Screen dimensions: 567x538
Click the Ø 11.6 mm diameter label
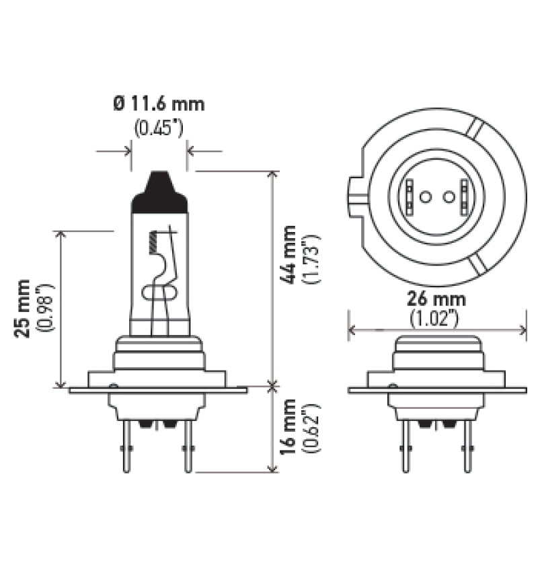(159, 104)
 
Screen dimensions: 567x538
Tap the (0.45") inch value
(159, 127)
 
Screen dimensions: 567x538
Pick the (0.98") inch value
(46, 309)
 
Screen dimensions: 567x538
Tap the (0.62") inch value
(311, 426)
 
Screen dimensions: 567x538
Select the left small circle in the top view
(424, 196)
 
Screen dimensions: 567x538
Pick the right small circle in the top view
(449, 196)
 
